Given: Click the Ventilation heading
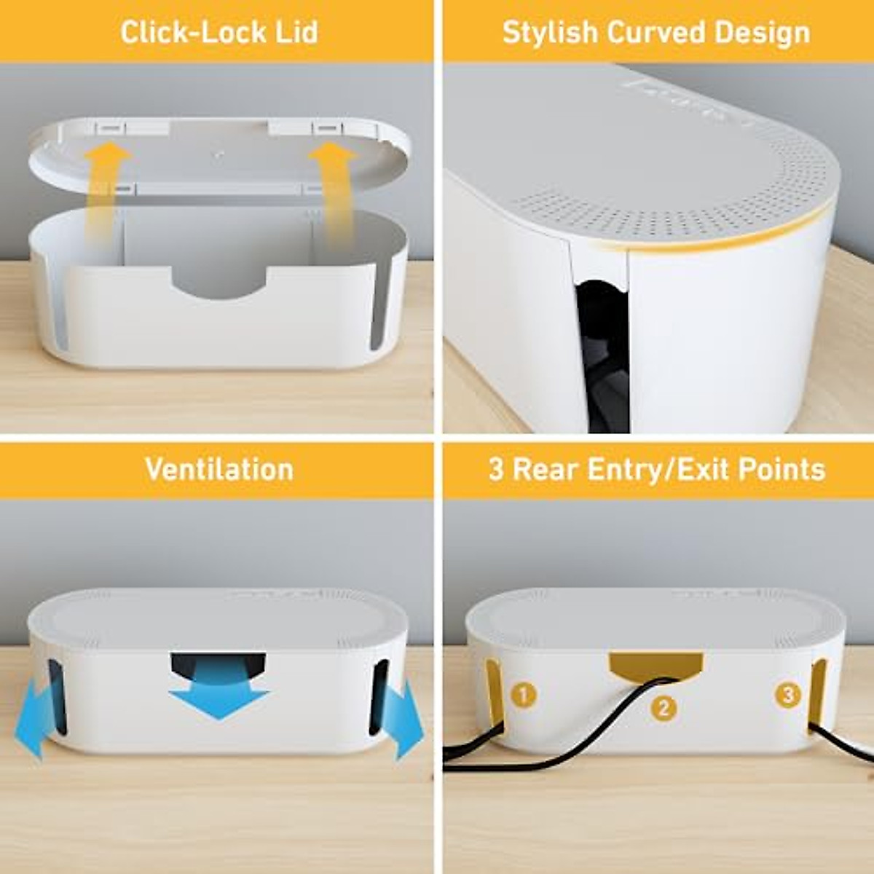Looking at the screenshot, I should point(219,469).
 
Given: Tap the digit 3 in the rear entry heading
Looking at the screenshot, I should point(496,469).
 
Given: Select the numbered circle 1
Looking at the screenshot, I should point(524,694).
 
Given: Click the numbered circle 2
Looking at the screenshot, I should point(663,707).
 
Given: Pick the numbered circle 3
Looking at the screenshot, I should point(787,695).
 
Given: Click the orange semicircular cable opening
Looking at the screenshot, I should point(655,664).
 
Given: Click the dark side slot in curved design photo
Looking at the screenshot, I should point(603,350).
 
